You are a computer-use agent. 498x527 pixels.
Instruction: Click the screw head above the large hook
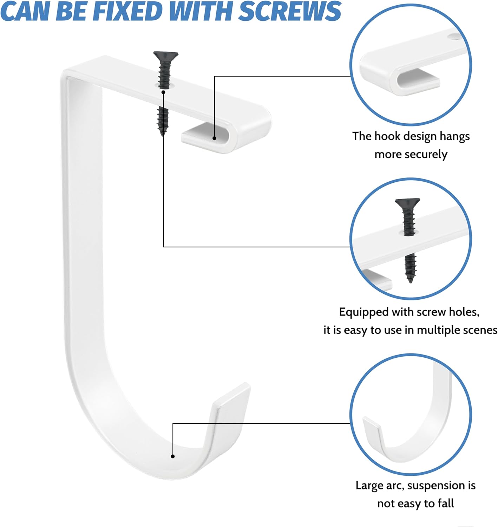166,55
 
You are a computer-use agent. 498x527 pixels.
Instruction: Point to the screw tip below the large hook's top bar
163,133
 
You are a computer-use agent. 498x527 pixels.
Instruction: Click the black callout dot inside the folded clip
214,138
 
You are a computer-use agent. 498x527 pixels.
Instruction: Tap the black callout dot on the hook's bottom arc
173,456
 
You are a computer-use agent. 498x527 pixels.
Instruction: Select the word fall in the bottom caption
446,503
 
